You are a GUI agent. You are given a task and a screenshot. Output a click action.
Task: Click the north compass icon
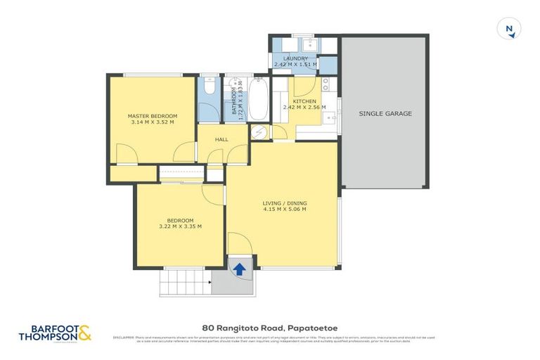click(x=508, y=29)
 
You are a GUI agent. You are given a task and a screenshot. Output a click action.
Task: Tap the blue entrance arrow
click(x=240, y=269)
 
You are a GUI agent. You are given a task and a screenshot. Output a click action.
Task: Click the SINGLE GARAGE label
click(x=385, y=113)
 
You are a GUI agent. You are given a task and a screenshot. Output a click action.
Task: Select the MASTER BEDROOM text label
click(x=152, y=115)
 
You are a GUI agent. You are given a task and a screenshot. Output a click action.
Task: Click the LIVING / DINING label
click(x=285, y=203)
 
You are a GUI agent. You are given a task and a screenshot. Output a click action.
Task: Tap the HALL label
click(x=222, y=140)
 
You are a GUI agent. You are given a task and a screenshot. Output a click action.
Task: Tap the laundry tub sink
click(x=311, y=46)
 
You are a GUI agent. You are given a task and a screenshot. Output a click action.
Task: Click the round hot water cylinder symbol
click(x=259, y=132)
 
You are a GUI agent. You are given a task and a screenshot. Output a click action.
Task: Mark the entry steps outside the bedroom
click(x=185, y=283)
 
